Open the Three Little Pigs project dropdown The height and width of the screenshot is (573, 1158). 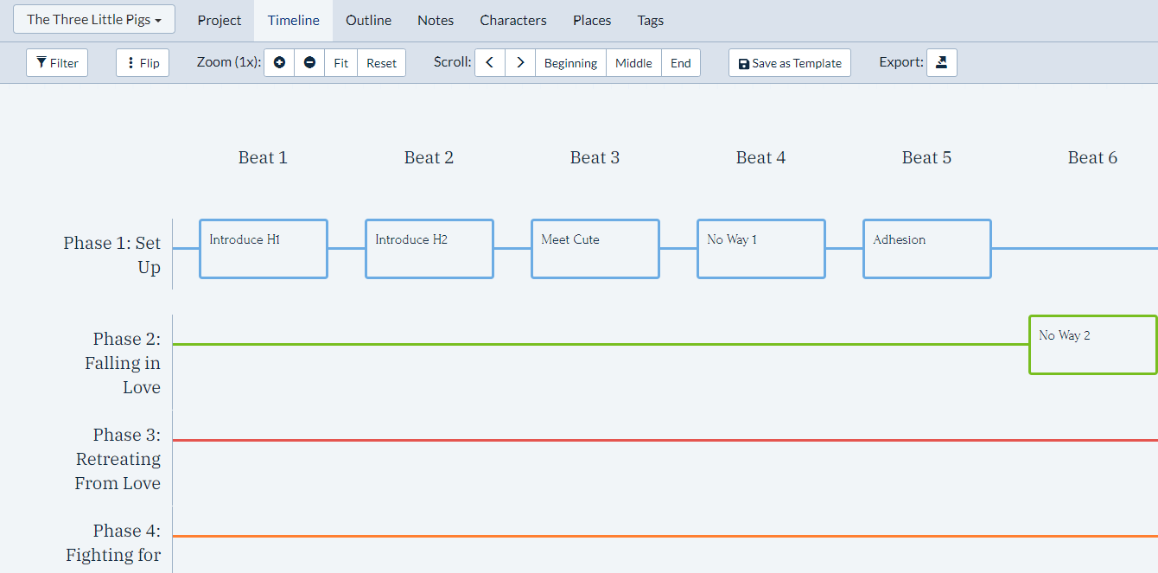(94, 19)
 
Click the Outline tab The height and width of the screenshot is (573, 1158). (368, 20)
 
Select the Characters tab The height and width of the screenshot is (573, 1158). (513, 20)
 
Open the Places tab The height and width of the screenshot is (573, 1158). (592, 20)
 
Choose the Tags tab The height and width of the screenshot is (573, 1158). (651, 20)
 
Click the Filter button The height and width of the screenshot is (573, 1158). (57, 63)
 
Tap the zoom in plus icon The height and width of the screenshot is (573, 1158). (279, 63)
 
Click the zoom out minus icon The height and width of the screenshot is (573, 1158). (309, 63)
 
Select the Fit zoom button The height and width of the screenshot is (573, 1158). (340, 63)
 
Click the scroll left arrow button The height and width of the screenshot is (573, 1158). (490, 63)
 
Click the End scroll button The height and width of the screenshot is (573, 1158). (681, 63)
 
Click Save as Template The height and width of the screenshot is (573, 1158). (789, 63)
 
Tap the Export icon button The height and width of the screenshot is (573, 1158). (942, 63)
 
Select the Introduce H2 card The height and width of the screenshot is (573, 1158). (429, 249)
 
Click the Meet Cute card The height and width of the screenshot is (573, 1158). (595, 249)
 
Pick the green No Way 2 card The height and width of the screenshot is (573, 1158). (1092, 345)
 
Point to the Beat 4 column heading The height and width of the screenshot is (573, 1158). (760, 157)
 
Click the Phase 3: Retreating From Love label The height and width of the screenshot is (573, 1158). (118, 459)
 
